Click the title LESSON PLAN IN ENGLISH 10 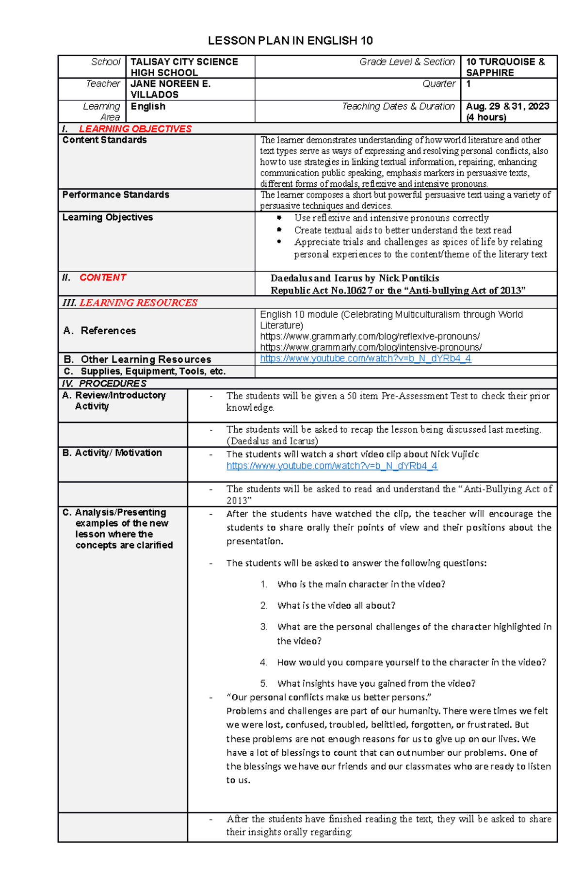point(290,41)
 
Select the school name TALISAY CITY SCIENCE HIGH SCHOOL point(184,67)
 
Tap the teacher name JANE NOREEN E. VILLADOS point(170,89)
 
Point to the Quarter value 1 point(469,84)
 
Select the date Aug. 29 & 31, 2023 point(507,106)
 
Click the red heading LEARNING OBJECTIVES point(135,129)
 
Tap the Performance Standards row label point(115,194)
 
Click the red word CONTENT point(103,277)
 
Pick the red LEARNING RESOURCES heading point(138,303)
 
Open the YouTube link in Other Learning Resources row point(365,358)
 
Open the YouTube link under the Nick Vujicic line point(332,466)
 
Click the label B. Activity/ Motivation point(112,453)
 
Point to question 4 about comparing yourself point(411,662)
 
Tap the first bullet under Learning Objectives point(391,218)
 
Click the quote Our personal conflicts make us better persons point(328,697)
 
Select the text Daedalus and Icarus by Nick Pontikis point(355,278)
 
